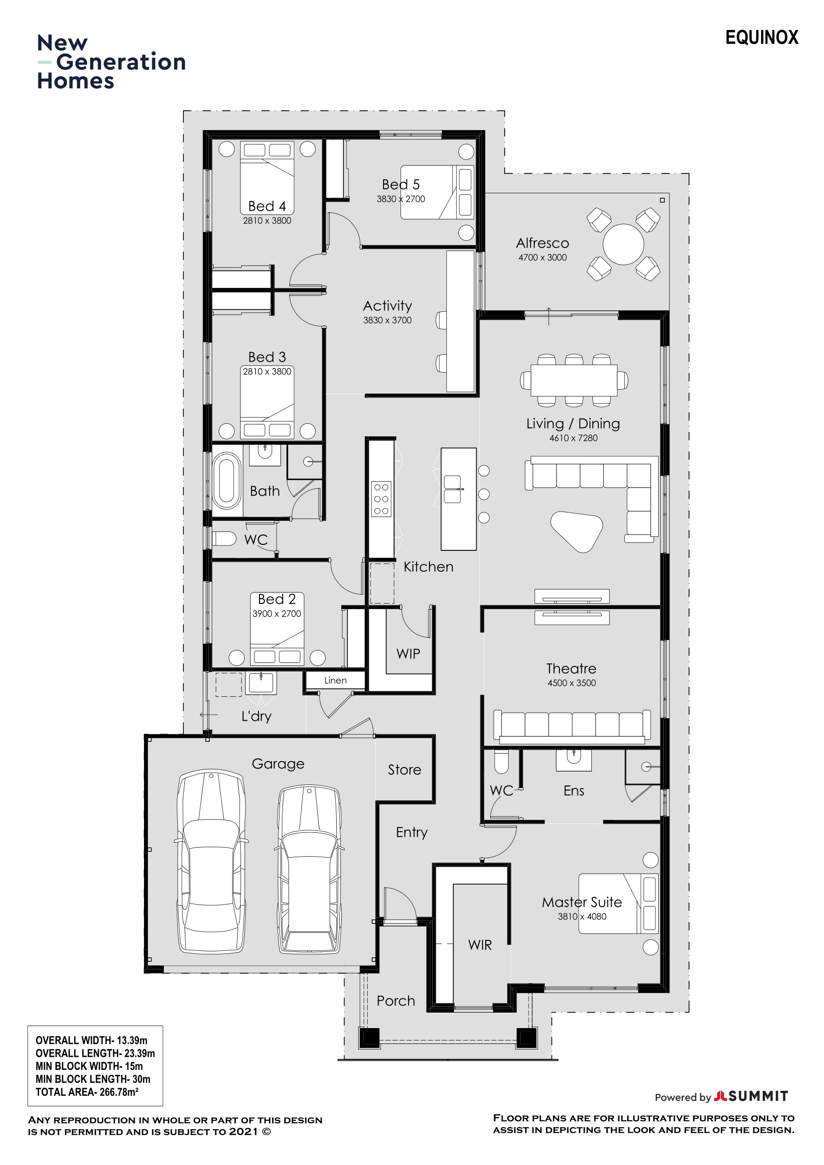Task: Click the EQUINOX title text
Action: [762, 37]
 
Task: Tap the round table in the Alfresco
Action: [623, 244]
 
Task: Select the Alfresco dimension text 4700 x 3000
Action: [543, 258]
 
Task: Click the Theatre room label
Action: [571, 669]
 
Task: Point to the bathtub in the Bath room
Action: [226, 480]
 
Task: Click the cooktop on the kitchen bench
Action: [381, 499]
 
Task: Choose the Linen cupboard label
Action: [335, 680]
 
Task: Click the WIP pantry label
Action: [409, 653]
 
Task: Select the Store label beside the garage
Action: [405, 770]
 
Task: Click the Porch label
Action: [396, 1001]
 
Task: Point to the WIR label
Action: [480, 945]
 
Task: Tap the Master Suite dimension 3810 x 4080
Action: [582, 917]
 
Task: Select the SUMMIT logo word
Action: [758, 1096]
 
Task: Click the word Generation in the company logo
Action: [121, 62]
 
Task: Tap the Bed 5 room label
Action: [401, 184]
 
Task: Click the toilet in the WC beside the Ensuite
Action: [501, 761]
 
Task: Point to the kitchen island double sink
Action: [452, 489]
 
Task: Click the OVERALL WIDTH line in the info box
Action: [91, 1040]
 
